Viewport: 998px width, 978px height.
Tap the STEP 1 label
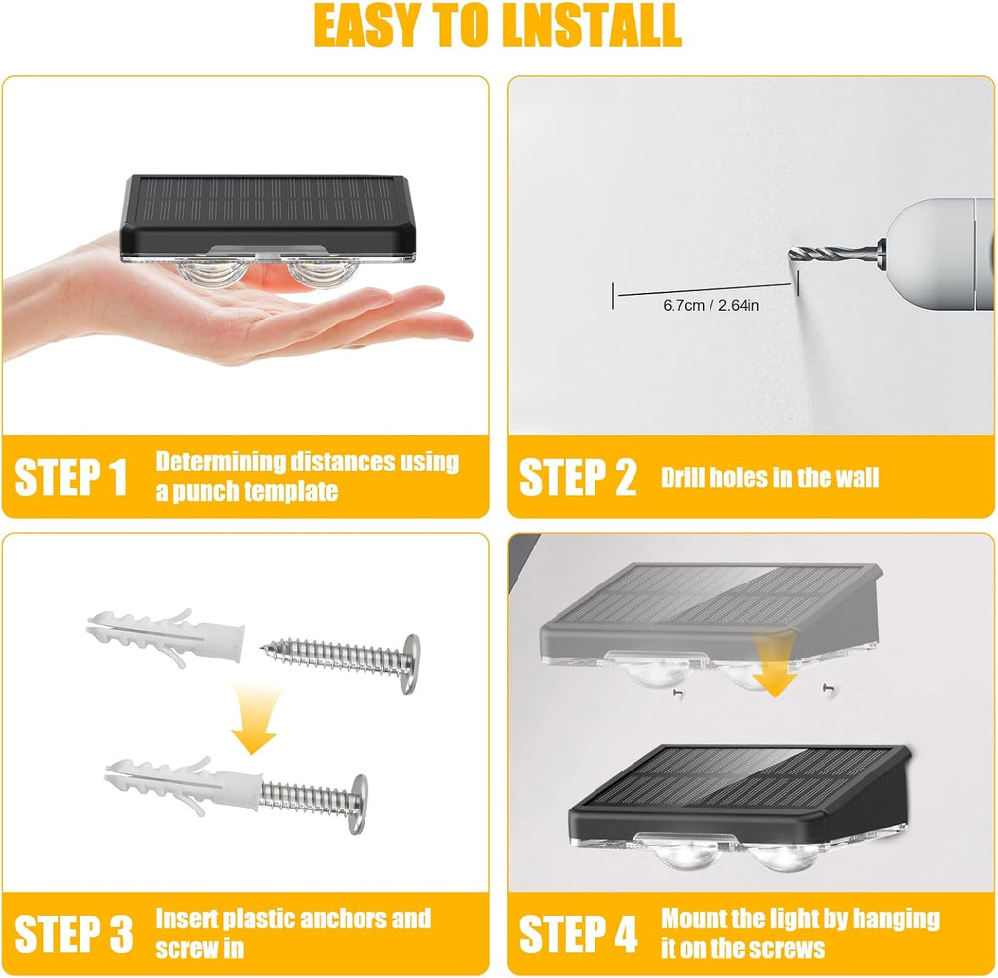(70, 477)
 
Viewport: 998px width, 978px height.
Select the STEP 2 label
(577, 477)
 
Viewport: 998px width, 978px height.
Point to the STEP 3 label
(73, 934)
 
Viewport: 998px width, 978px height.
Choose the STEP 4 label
(578, 934)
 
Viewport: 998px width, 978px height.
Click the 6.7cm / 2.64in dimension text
(710, 306)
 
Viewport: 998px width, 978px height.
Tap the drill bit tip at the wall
(792, 256)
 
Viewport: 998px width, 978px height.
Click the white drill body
(940, 253)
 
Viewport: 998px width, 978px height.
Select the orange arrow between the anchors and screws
(254, 719)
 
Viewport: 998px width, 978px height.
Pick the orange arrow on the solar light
(776, 665)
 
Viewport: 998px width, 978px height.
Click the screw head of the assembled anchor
(359, 804)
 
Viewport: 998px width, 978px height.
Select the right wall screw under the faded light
(825, 687)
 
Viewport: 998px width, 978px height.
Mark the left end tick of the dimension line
(613, 296)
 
